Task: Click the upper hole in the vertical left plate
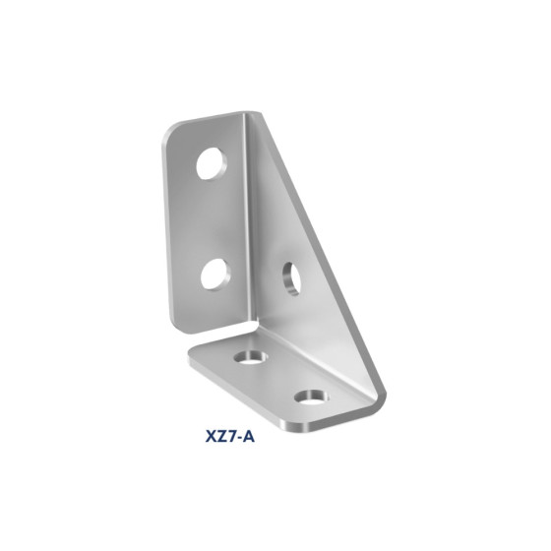tap(212, 163)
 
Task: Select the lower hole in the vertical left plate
tap(215, 275)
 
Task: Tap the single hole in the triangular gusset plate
tap(291, 278)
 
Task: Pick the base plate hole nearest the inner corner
tap(251, 357)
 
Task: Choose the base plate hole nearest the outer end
tap(311, 398)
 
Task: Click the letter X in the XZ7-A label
tap(211, 437)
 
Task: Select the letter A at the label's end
tap(248, 437)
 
